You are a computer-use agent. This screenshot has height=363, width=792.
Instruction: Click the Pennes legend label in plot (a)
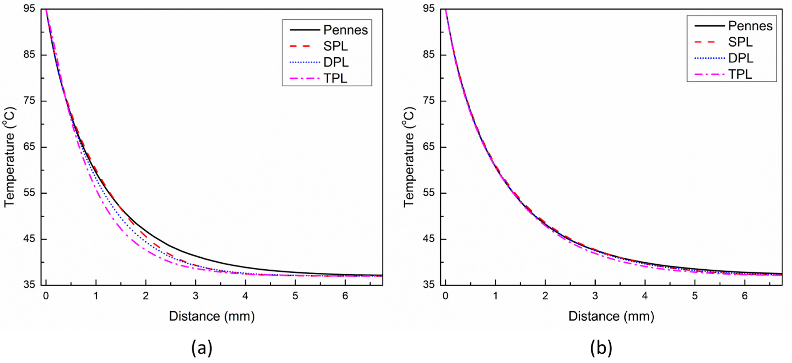[x=345, y=30]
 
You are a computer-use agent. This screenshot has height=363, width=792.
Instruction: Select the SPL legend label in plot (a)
[x=335, y=46]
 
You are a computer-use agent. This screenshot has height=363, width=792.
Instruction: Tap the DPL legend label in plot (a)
[x=336, y=62]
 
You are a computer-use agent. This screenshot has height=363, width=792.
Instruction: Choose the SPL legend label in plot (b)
[x=740, y=42]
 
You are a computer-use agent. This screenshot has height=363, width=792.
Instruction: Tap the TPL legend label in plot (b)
[x=740, y=74]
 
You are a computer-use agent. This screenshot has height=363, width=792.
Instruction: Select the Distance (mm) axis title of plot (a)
[x=212, y=316]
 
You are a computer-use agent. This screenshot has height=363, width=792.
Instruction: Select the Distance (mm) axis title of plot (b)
[x=611, y=316]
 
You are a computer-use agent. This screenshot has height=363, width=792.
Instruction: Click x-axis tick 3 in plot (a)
[x=195, y=296]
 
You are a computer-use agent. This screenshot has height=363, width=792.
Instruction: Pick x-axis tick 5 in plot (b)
[x=695, y=296]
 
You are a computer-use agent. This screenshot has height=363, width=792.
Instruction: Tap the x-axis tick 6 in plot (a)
[x=345, y=296]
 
